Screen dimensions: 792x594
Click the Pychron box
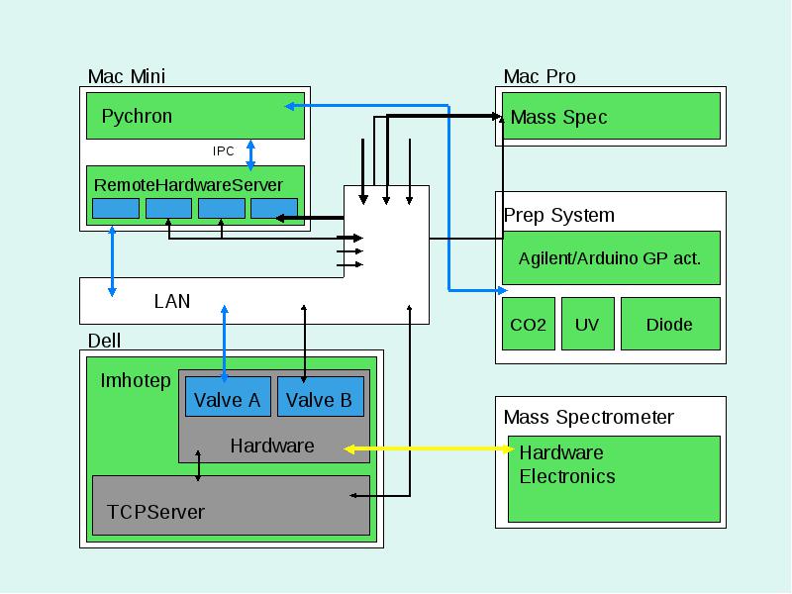point(195,116)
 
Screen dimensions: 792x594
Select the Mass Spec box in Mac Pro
point(611,116)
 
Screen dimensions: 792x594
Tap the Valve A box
point(228,397)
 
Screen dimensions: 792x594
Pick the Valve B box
point(321,397)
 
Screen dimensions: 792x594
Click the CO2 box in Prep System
point(529,324)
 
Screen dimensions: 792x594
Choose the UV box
point(588,324)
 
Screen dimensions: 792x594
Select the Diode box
point(670,324)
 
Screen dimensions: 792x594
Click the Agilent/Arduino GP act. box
point(611,257)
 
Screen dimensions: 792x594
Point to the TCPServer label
point(155,512)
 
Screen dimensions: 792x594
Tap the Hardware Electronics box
point(614,479)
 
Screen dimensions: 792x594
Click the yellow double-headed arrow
point(429,448)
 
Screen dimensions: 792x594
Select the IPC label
point(224,151)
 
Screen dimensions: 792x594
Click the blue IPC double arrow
point(250,155)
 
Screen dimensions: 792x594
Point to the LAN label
point(172,301)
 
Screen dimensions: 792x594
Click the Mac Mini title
point(127,77)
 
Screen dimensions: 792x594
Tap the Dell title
point(104,341)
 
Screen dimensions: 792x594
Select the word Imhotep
point(136,381)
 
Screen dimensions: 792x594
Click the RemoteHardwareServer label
point(188,185)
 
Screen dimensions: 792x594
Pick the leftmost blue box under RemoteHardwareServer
point(116,208)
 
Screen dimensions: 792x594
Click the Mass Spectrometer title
point(588,417)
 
